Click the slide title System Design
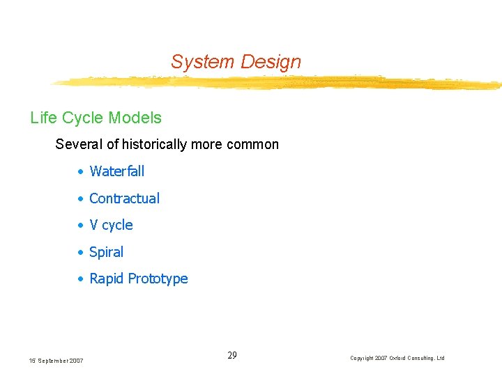[x=236, y=62]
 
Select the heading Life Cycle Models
[x=96, y=118]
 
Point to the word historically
[x=155, y=145]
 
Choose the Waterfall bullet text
[x=116, y=171]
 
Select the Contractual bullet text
[x=124, y=198]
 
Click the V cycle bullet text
[x=111, y=225]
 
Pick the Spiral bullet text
[x=106, y=252]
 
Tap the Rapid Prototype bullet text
[x=138, y=279]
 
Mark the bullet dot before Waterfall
[x=82, y=172]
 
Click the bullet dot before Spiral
[x=82, y=253]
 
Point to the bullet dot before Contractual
[x=82, y=199]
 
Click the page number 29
[x=232, y=355]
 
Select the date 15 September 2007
[x=56, y=360]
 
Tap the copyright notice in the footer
[x=397, y=358]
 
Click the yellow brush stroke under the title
[x=279, y=83]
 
